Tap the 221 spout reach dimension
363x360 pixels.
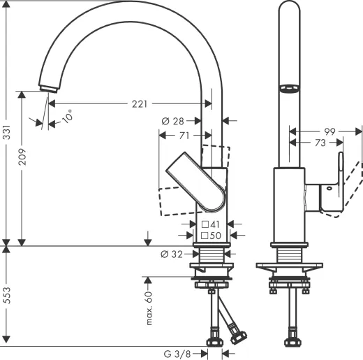[x=140, y=104]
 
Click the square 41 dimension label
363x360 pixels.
[x=211, y=224]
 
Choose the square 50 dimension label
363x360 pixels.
[x=211, y=236]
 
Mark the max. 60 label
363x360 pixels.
[x=149, y=307]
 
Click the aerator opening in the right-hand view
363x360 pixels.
[x=288, y=89]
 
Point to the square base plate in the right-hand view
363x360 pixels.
[x=288, y=266]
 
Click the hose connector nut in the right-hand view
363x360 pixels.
[x=288, y=343]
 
